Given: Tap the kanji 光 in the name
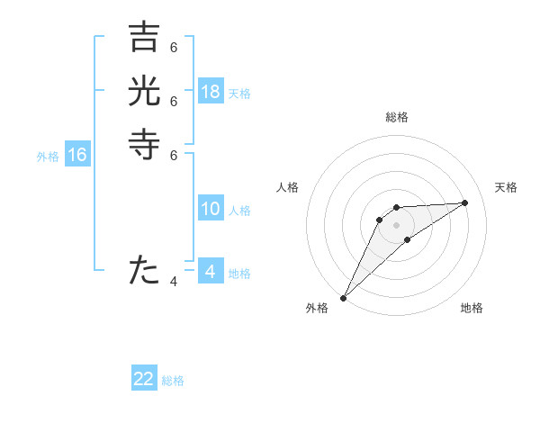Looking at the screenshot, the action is coord(144,92).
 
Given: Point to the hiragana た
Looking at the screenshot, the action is coord(144,269).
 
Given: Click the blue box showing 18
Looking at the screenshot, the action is coord(211,92).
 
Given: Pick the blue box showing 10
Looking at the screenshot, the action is coord(211,210).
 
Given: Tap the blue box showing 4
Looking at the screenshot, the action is coord(211,271).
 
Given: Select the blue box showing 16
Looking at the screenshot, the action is coord(77,156).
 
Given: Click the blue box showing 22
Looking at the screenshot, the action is coord(144,379).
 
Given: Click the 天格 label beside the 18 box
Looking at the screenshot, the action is coord(239,93).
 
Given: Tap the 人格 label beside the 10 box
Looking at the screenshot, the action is coord(239,211).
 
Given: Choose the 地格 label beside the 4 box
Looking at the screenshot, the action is coord(239,273).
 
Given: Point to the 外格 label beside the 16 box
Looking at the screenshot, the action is coord(48,157).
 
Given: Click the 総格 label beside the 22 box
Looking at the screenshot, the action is coord(173,381).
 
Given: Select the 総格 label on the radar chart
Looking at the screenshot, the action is coord(396,117).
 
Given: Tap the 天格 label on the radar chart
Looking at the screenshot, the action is coord(506,187).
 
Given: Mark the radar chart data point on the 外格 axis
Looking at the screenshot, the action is coord(343,298).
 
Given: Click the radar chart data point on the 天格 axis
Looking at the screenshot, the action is coord(465,202).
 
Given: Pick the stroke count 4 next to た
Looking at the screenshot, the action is coord(174,282).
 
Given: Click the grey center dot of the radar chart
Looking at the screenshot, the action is coord(396,225).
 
